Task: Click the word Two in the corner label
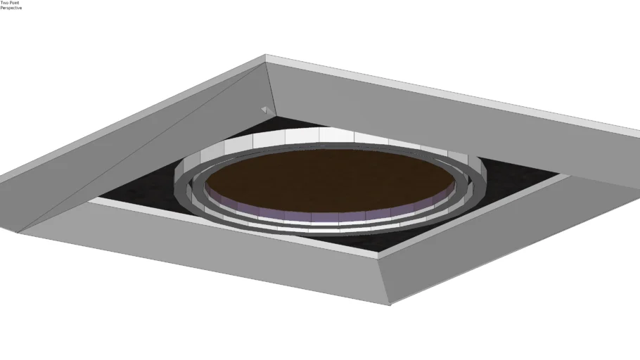click(x=4, y=2)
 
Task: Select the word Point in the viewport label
click(x=14, y=2)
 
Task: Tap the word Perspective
click(x=11, y=8)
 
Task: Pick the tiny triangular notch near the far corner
click(x=266, y=110)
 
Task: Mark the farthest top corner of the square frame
click(x=265, y=55)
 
